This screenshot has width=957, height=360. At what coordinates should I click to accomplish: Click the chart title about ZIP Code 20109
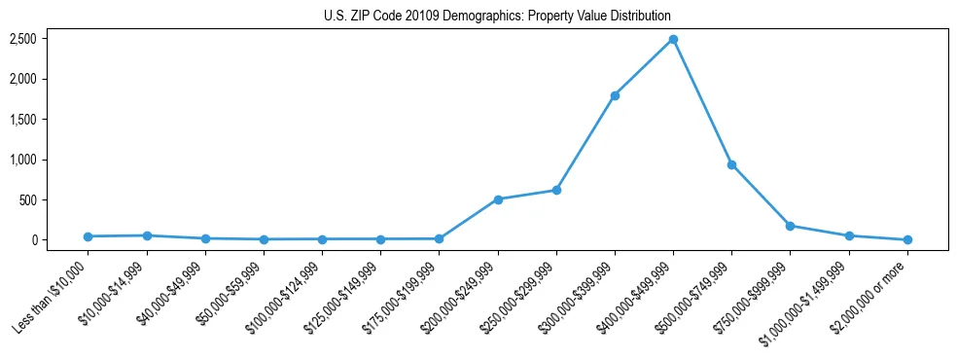click(497, 17)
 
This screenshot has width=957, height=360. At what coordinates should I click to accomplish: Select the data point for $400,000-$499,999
click(673, 40)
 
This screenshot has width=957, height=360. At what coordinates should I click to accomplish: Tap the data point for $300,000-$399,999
click(615, 95)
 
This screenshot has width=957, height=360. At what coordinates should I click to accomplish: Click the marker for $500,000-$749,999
click(731, 164)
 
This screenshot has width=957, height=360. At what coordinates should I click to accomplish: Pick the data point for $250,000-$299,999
click(556, 190)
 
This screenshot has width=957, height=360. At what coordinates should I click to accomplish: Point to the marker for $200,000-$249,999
click(498, 199)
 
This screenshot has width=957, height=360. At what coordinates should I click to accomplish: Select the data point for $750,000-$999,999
click(790, 226)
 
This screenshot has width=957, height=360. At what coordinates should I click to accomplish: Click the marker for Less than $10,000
click(88, 236)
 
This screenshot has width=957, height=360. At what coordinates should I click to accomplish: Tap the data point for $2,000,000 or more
click(907, 239)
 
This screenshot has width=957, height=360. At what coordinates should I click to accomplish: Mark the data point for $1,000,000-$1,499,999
click(849, 235)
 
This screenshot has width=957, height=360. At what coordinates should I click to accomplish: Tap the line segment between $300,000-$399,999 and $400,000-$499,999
click(644, 68)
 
